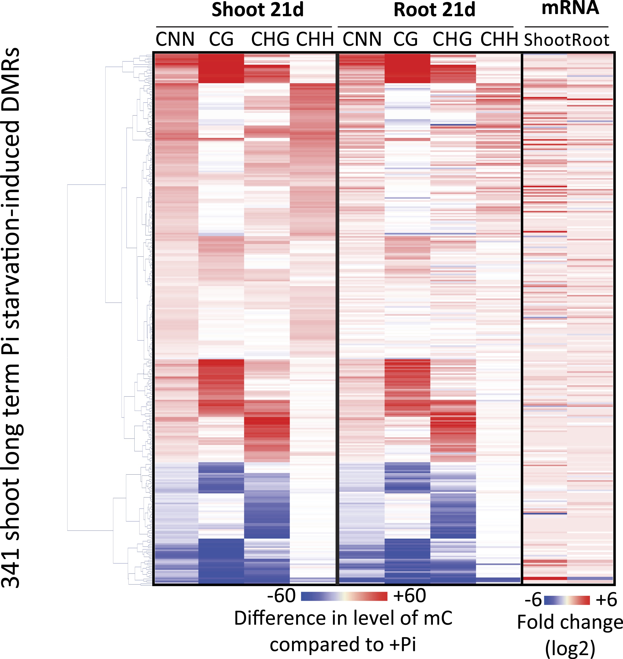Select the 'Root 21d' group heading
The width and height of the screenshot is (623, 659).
point(434,10)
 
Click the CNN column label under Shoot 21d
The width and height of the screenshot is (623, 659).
point(175,39)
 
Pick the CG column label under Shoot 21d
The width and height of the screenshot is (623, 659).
point(221,39)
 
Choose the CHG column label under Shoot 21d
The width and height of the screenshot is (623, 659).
point(270,39)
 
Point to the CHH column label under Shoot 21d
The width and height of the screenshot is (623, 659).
point(315,39)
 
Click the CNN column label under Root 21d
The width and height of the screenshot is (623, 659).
point(362,39)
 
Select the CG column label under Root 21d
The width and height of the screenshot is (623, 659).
point(406,39)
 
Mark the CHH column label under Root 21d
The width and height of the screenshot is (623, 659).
point(499,39)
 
